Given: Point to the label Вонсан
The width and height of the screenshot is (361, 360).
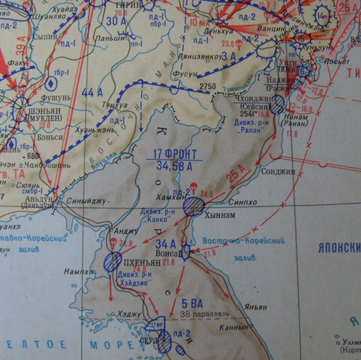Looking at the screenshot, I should [173, 252].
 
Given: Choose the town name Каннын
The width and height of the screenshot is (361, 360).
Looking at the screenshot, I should [238, 326].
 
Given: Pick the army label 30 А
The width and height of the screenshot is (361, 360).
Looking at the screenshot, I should [117, 21].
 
